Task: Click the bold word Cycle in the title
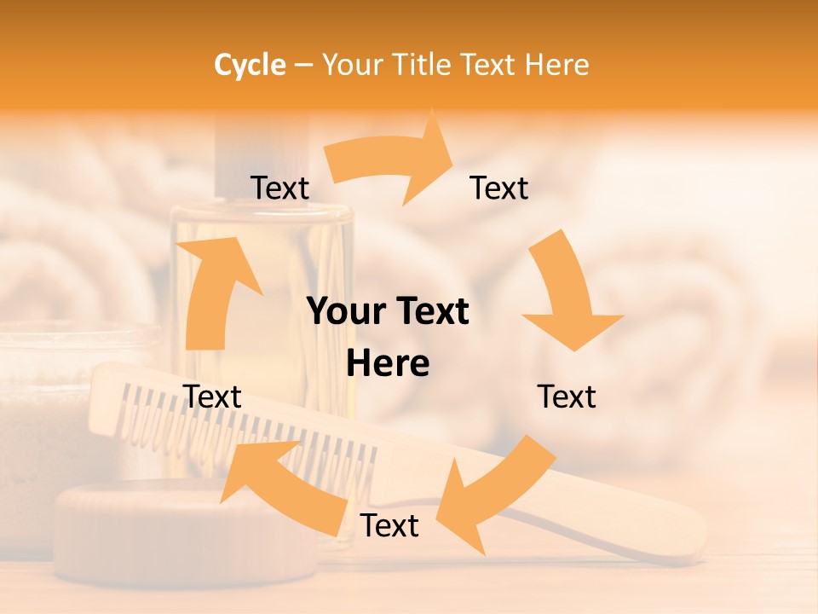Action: [250, 65]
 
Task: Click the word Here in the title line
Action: [557, 65]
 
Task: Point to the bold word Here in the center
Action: [388, 364]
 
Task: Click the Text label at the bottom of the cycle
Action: [389, 526]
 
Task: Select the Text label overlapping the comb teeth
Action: [213, 397]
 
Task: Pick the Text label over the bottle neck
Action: [279, 188]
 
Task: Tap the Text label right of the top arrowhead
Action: [499, 188]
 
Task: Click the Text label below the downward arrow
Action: [567, 397]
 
